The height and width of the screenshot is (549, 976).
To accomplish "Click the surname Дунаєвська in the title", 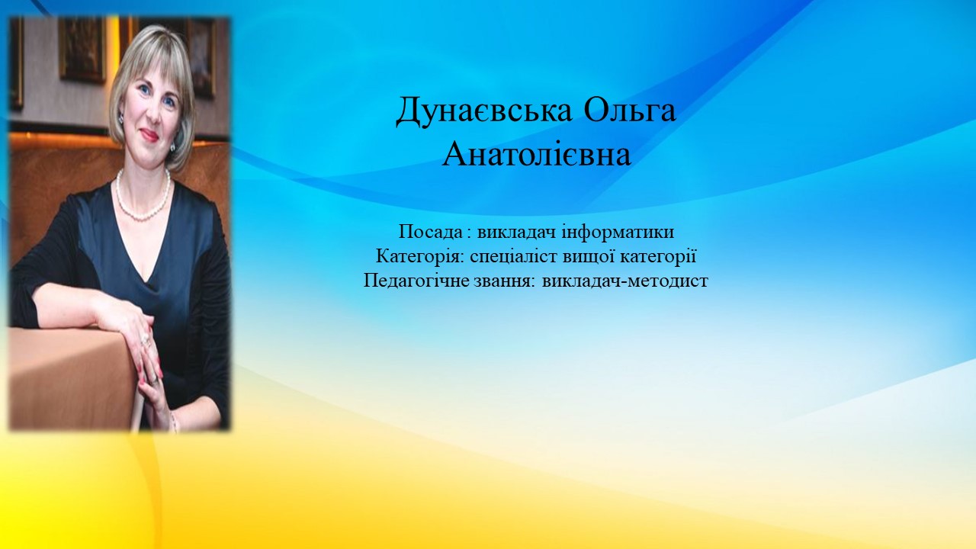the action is pyautogui.click(x=483, y=111).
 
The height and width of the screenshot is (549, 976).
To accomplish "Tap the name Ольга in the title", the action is pyautogui.click(x=630, y=109).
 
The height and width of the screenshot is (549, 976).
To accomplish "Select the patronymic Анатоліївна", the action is pyautogui.click(x=536, y=155).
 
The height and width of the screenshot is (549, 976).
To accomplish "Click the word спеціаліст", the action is pyautogui.click(x=515, y=257).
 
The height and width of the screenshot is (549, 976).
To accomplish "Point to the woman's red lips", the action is pyautogui.click(x=149, y=135).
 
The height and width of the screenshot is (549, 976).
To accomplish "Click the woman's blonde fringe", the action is pyautogui.click(x=152, y=59).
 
